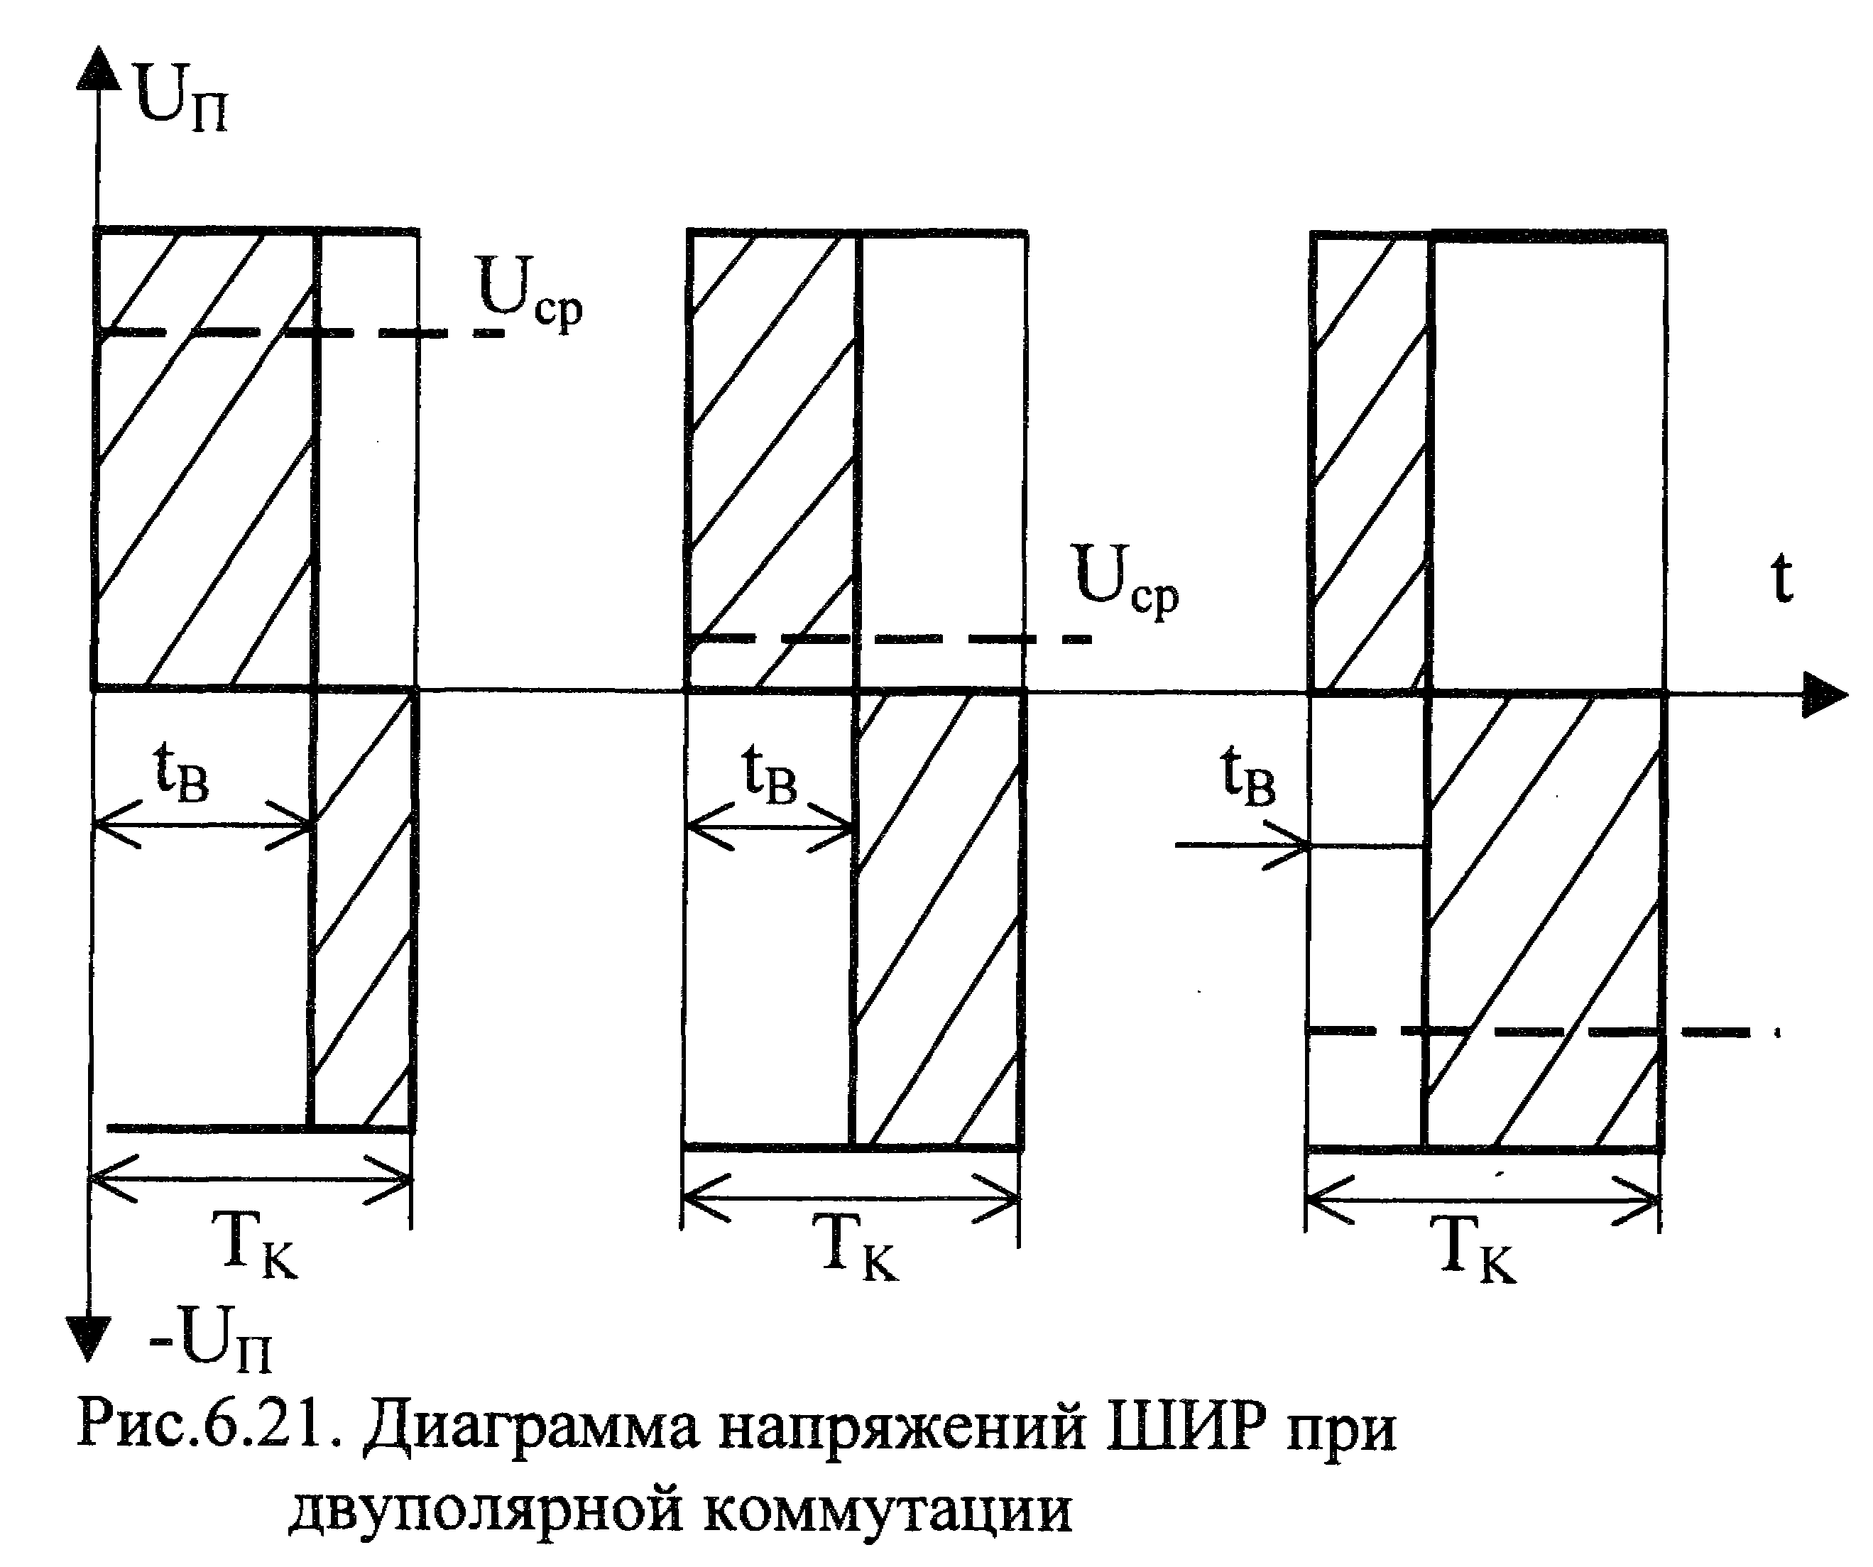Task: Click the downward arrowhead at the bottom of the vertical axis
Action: (x=89, y=1338)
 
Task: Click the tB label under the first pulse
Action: (x=182, y=772)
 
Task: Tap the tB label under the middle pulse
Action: (x=770, y=774)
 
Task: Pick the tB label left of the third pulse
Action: (x=1249, y=776)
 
